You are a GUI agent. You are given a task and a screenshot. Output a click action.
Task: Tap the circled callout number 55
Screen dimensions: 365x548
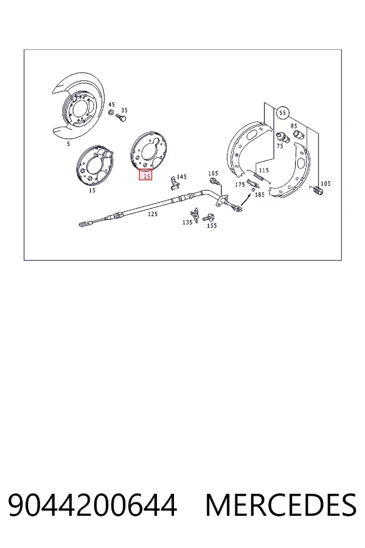coord(282,113)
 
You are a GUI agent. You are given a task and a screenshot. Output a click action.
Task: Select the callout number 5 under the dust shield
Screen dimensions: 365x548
coord(68,144)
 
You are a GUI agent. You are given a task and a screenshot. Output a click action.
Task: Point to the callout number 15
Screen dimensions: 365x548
coord(92,190)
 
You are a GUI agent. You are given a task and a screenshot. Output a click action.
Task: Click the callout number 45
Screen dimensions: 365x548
coord(111,104)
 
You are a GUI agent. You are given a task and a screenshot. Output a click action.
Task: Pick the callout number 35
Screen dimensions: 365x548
coord(124,110)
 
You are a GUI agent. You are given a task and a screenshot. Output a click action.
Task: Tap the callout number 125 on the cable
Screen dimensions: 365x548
coord(152,214)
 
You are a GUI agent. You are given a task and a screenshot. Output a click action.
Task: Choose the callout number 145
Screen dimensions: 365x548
coord(181,177)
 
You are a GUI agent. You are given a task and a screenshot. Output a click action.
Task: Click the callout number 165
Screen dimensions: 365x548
coord(213,173)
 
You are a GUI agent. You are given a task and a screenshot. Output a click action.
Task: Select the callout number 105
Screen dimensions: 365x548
coord(325,183)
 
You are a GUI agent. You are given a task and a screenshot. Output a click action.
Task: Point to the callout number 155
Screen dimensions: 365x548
coord(212,225)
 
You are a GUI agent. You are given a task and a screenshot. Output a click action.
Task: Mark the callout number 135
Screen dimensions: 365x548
coord(187,222)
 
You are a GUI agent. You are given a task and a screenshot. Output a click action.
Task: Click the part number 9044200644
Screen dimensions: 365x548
coord(92,505)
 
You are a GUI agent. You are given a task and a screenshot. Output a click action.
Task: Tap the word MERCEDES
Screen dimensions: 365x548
coord(281,505)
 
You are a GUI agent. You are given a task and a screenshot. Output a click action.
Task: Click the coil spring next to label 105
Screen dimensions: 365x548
coord(317,191)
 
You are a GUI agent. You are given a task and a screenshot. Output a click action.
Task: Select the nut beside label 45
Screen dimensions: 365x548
coord(111,113)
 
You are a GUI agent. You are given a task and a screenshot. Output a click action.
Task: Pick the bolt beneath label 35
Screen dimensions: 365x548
coord(121,118)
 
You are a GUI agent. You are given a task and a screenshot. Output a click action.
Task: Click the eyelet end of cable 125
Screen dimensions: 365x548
coord(83,223)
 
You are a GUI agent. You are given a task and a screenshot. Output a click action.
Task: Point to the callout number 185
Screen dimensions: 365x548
coord(260,194)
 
